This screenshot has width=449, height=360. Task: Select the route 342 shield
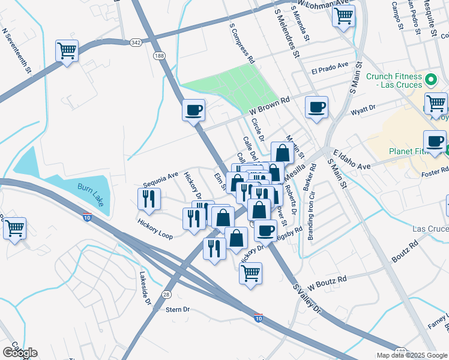[136, 42]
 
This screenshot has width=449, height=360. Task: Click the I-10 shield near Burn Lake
[87, 217]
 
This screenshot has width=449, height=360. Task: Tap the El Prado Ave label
[330, 67]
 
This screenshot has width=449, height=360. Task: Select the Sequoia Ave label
[161, 178]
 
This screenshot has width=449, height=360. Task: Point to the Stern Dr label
[178, 310]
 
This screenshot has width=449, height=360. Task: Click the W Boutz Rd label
[327, 280]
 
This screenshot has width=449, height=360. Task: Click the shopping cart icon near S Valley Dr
[250, 273]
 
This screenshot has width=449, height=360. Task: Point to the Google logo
[20, 353]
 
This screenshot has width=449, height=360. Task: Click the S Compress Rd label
[243, 44]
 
